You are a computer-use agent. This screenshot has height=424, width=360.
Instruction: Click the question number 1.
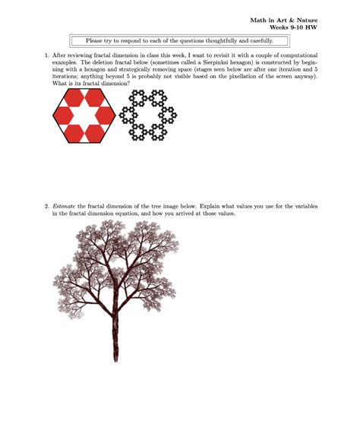click(x=47, y=55)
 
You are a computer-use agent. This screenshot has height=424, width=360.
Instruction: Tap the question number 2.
click(x=47, y=207)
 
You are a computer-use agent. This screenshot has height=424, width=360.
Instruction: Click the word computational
click(x=298, y=55)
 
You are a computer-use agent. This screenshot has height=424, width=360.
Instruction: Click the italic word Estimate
click(x=64, y=207)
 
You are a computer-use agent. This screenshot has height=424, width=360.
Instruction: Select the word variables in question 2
click(x=306, y=207)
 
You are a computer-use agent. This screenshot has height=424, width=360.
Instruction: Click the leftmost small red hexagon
click(x=63, y=115)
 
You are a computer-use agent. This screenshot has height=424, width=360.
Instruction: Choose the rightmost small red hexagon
click(x=105, y=115)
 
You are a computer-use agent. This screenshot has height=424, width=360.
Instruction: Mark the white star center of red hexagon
click(x=84, y=115)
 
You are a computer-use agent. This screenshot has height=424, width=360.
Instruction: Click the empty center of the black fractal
click(x=148, y=115)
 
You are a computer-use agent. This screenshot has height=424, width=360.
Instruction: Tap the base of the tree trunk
click(x=115, y=360)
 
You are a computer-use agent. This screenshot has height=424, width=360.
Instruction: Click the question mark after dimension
click(x=128, y=84)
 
